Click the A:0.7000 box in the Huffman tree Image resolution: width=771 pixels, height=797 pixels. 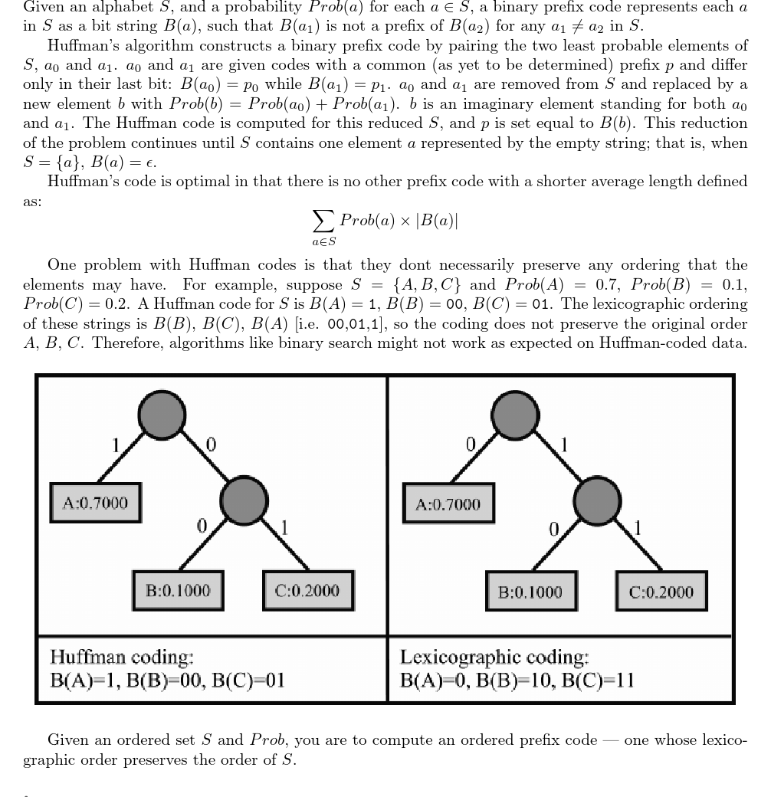[x=95, y=503]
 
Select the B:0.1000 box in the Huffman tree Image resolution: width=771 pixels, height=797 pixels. [x=178, y=591]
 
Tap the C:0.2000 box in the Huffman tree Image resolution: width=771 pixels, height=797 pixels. [x=307, y=591]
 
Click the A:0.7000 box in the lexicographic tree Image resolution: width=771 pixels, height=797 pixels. [x=448, y=504]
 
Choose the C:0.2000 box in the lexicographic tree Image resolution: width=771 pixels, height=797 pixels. [x=661, y=592]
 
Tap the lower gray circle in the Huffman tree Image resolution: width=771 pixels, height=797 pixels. [x=244, y=501]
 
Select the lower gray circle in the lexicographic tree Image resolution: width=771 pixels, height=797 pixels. [x=597, y=501]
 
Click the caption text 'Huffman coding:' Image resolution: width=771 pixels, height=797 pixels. [x=122, y=658]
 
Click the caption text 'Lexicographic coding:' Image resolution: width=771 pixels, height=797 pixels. [x=494, y=658]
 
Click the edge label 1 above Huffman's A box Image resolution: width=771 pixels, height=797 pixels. [x=116, y=444]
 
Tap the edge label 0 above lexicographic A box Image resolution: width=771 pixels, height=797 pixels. [x=471, y=444]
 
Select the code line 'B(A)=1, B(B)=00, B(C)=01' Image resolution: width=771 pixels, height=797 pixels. [x=167, y=680]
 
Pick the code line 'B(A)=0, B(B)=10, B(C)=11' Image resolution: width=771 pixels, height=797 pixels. [x=517, y=680]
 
